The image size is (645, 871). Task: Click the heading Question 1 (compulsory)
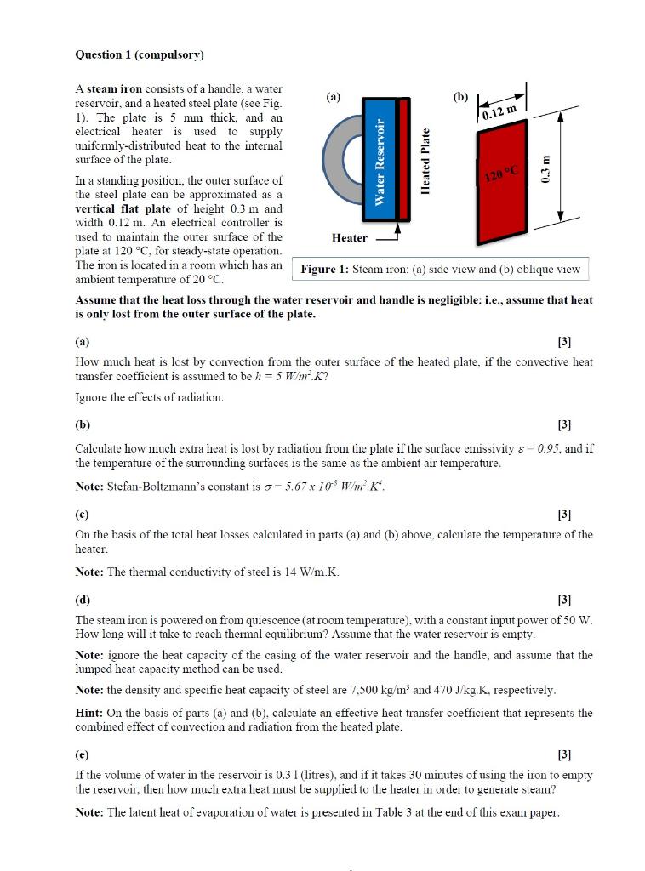pos(140,55)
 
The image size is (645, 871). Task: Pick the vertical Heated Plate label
pos(426,162)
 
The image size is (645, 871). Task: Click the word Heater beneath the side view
pos(350,238)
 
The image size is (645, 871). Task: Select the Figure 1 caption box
pos(440,270)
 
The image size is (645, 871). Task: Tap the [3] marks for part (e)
pos(563,754)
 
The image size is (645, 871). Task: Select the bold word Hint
pos(89,713)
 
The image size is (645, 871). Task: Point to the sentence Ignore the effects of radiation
pos(149,398)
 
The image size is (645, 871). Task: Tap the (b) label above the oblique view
pos(460,97)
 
